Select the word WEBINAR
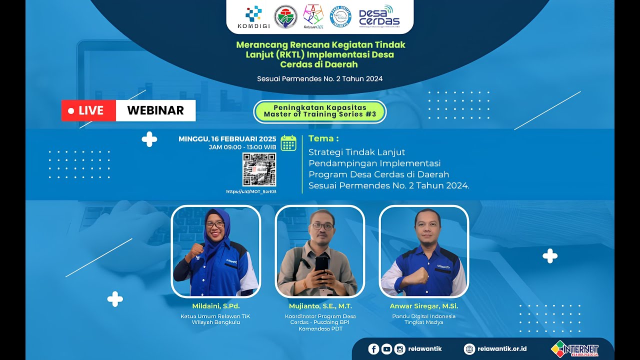(x=155, y=110)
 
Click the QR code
(x=259, y=169)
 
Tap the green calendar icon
(x=288, y=142)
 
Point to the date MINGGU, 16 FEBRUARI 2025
(x=227, y=139)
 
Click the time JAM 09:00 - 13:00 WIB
(x=242, y=147)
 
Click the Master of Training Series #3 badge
(x=320, y=111)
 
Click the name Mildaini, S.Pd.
(x=216, y=306)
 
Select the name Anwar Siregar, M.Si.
(x=423, y=306)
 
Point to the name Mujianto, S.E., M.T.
(x=320, y=306)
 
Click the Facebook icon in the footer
(x=373, y=349)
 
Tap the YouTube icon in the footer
(x=386, y=349)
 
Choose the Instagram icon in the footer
(x=399, y=349)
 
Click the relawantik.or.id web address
(x=502, y=349)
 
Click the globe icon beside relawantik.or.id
(x=469, y=349)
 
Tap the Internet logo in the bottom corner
(x=574, y=349)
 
